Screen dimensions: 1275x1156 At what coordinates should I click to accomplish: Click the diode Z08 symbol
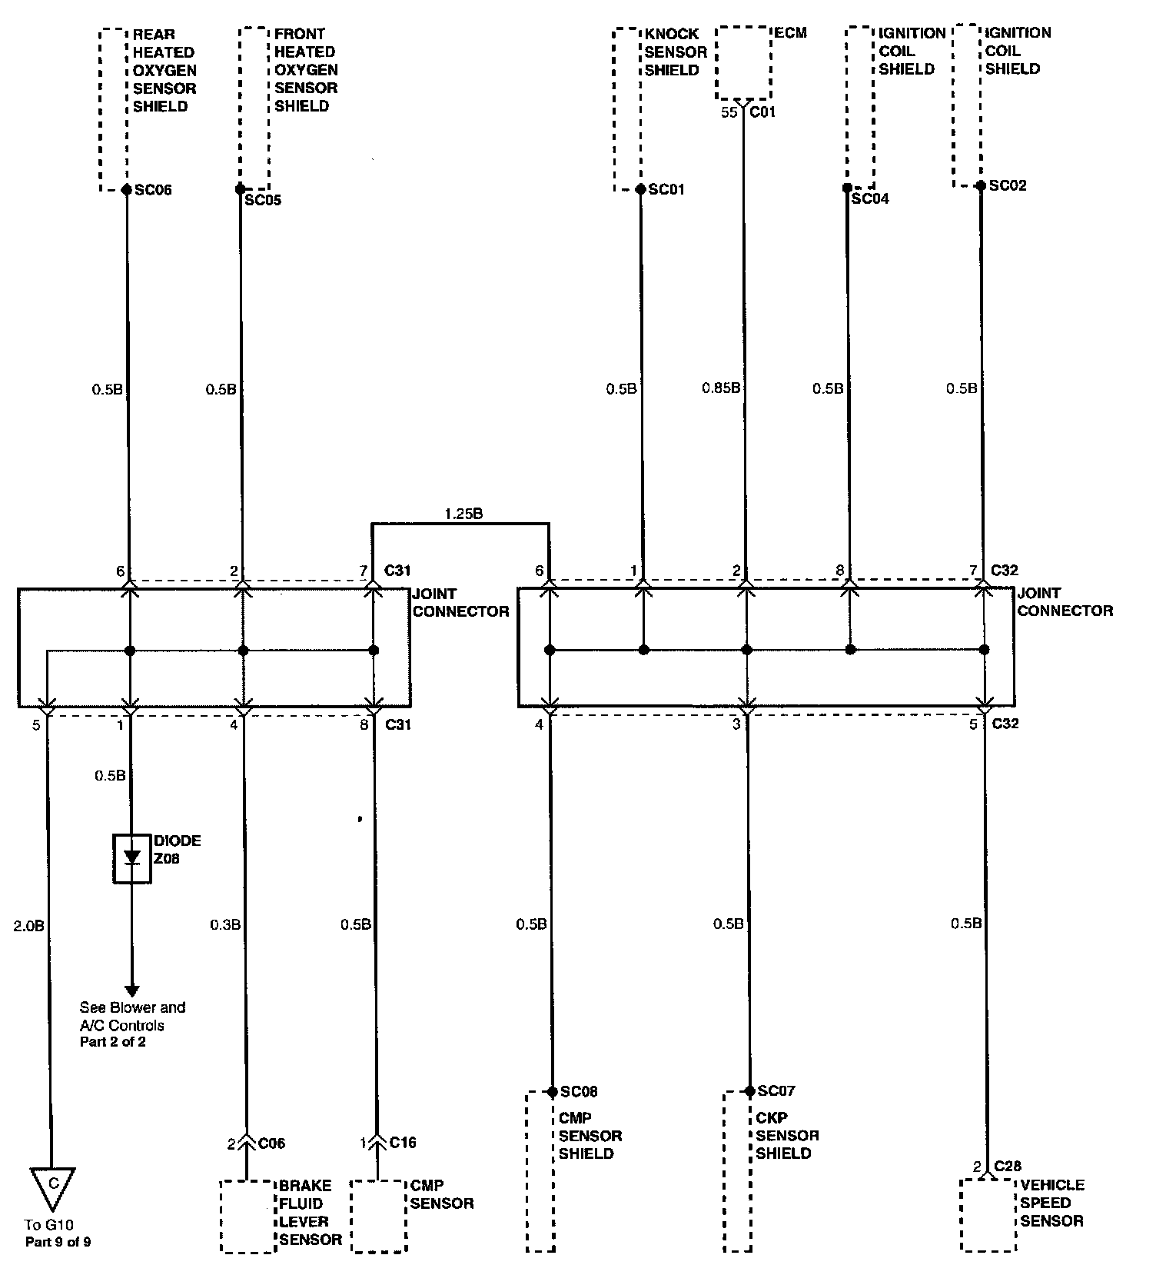[132, 858]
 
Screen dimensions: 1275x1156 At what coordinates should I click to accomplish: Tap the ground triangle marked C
[53, 1186]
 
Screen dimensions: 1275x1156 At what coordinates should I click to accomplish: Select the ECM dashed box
[742, 64]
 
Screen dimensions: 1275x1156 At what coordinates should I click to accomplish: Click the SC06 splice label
[153, 190]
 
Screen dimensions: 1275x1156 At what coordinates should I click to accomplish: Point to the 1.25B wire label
[463, 514]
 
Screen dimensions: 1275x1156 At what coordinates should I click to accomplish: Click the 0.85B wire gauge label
[721, 388]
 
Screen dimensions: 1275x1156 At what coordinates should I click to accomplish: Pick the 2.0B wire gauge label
[29, 926]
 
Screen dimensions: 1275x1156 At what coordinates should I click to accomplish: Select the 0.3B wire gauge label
[225, 924]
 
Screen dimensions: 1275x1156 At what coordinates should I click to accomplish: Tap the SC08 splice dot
[552, 1091]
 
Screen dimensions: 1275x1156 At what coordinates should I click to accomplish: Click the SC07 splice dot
[749, 1091]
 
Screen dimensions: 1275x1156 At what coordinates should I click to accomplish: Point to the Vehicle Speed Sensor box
[988, 1215]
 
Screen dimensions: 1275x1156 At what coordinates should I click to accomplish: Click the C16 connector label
[403, 1143]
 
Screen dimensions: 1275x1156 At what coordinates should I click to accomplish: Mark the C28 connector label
[1008, 1166]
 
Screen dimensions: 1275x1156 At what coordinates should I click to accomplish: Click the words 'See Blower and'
[132, 1007]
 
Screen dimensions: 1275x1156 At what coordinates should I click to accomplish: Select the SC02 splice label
[1008, 186]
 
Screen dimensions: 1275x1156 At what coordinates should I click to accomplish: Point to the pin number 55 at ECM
[729, 112]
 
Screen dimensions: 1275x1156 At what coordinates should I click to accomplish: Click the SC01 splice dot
[640, 189]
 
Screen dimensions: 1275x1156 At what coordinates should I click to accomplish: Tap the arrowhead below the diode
[131, 990]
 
